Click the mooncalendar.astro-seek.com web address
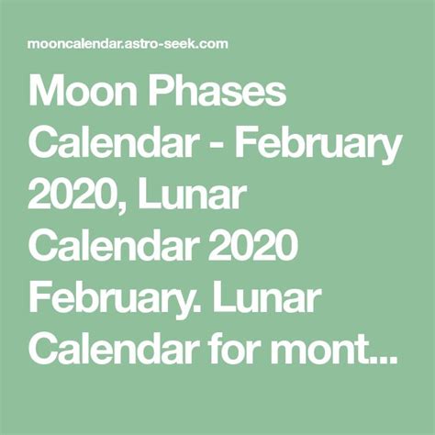point(128,44)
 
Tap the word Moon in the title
point(83,92)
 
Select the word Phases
point(217,92)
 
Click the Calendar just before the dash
point(112,143)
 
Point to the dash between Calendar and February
point(216,146)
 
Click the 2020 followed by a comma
point(72,195)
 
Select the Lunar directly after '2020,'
point(192,195)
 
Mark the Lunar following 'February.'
point(268,297)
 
